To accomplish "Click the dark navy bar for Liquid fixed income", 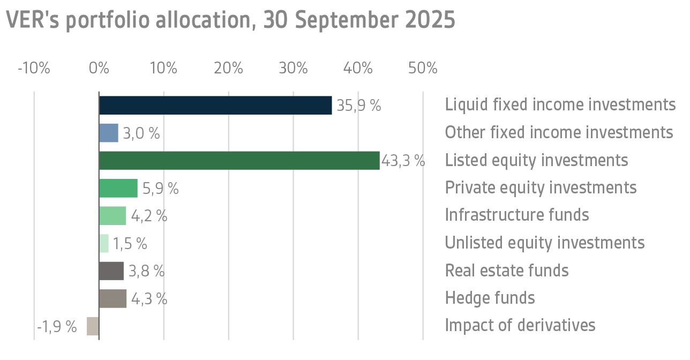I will click(215, 106).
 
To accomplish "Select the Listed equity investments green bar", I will click(239, 161).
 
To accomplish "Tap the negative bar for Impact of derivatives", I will click(93, 326).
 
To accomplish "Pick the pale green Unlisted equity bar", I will click(104, 243).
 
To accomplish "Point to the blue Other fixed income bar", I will click(109, 133).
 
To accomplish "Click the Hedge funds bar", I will click(112, 298).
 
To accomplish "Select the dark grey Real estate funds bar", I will click(111, 271).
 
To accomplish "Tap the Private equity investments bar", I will click(118, 188).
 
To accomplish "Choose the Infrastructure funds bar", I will click(112, 216).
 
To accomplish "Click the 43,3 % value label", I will click(403, 161).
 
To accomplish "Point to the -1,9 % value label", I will click(57, 326).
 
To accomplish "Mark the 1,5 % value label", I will click(130, 244).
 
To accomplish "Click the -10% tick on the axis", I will click(34, 69).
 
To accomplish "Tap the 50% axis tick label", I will click(423, 69).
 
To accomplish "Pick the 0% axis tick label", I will click(99, 69).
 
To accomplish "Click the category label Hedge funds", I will click(490, 297).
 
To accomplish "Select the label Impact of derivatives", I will click(520, 325).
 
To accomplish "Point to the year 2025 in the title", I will click(430, 20).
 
